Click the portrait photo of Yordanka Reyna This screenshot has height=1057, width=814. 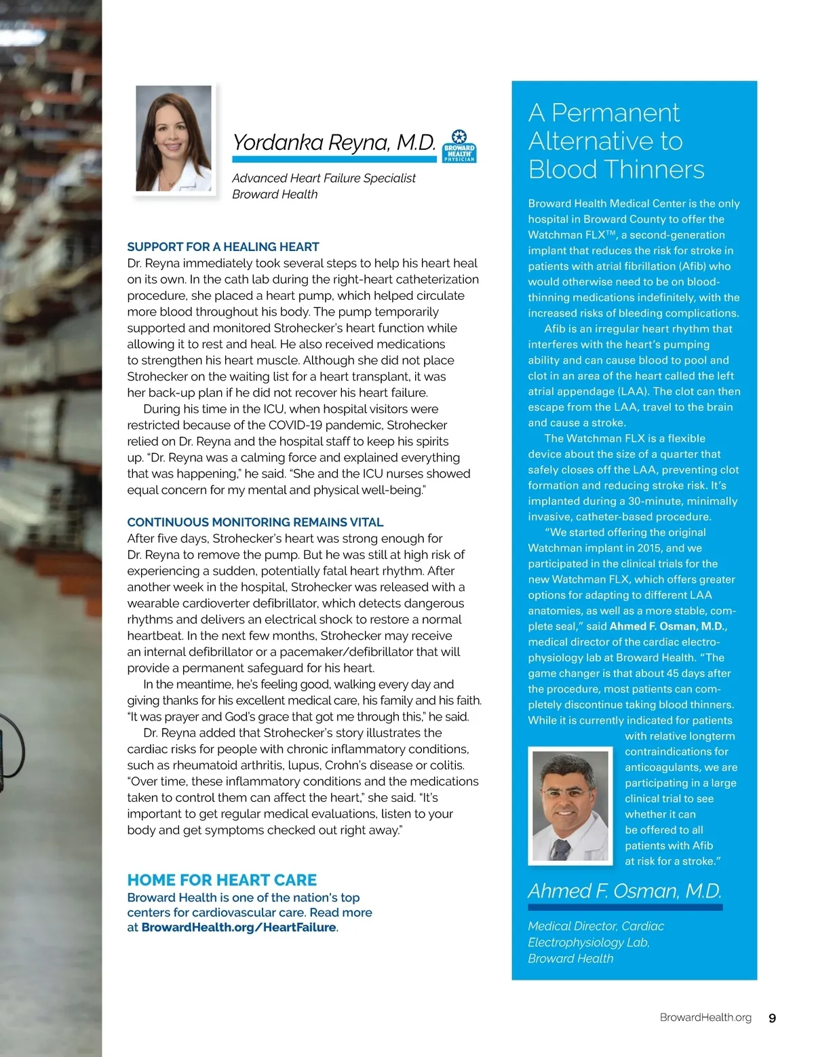pyautogui.click(x=174, y=138)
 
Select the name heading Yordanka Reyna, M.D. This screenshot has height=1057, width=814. pyautogui.click(x=334, y=142)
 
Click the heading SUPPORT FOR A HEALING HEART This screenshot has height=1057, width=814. pyautogui.click(x=223, y=247)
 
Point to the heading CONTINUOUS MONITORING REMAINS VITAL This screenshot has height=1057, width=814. pyautogui.click(x=255, y=522)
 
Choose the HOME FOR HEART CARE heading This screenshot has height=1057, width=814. pyautogui.click(x=222, y=880)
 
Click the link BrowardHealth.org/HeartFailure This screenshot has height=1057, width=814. pyautogui.click(x=239, y=927)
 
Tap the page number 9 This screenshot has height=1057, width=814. pyautogui.click(x=772, y=1018)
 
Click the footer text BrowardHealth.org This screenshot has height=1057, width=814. pyautogui.click(x=705, y=1018)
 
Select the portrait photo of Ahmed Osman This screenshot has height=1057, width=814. pyautogui.click(x=570, y=806)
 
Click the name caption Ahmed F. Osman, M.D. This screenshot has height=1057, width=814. pyautogui.click(x=625, y=891)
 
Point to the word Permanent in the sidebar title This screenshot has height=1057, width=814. pyautogui.click(x=615, y=113)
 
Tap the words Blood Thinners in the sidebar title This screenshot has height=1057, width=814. pyautogui.click(x=617, y=170)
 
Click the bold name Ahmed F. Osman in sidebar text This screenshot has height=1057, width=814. pyautogui.click(x=667, y=626)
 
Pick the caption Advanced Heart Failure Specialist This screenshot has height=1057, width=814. pyautogui.click(x=324, y=178)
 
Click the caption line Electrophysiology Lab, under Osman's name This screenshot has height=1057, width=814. pyautogui.click(x=588, y=942)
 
